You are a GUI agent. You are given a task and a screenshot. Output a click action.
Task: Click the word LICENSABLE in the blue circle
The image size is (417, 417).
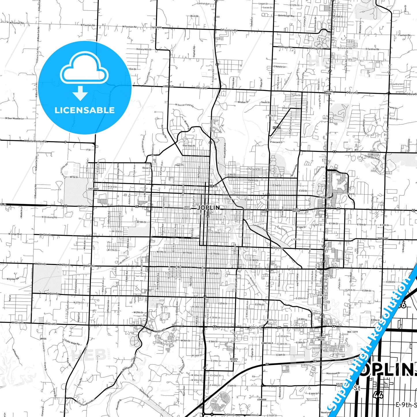[x=85, y=110]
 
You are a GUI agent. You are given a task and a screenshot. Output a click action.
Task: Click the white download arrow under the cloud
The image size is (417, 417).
[x=80, y=93]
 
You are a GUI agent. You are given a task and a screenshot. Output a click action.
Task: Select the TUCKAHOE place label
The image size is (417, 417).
[x=156, y=27]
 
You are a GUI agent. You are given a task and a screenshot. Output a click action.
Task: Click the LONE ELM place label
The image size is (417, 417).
[x=168, y=86]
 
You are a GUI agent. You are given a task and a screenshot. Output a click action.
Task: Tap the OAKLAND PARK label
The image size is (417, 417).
[x=328, y=93]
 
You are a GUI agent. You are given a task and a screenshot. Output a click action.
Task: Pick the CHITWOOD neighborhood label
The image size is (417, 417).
[x=94, y=189]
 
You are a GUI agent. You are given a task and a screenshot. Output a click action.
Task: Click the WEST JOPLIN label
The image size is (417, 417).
[x=187, y=208]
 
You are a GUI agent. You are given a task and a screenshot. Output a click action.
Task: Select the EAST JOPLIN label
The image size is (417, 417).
[x=296, y=210]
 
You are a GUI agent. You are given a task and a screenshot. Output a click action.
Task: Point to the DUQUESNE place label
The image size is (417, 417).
[x=383, y=238]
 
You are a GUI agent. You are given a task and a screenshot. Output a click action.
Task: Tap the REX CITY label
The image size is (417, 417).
[x=352, y=332]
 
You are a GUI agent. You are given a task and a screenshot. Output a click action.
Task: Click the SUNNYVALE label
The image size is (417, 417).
[x=267, y=343]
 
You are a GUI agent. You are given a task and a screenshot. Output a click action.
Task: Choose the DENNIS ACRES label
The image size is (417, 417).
[x=234, y=360]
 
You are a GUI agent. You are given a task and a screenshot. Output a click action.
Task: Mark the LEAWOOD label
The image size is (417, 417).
[x=262, y=399]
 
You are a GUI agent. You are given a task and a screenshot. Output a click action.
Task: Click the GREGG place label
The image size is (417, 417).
[x=43, y=339]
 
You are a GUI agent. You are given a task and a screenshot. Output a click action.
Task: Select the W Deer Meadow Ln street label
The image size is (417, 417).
[x=14, y=118]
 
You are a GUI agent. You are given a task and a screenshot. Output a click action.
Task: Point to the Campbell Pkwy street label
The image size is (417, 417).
[x=260, y=227]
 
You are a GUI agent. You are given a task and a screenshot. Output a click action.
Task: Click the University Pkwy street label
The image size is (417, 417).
[x=372, y=157]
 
